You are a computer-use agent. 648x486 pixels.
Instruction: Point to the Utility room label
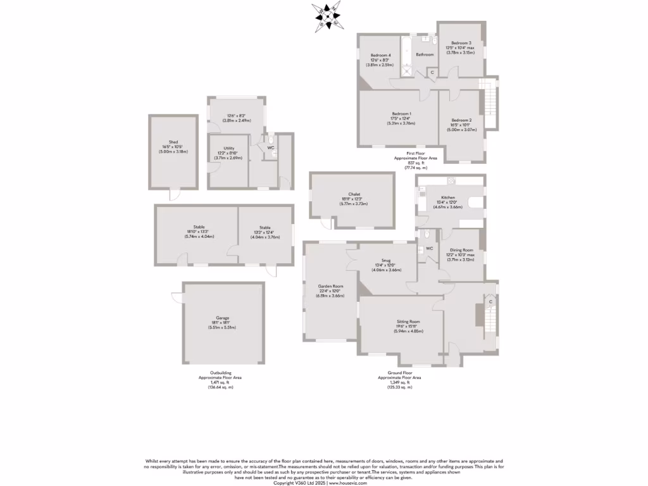(229, 148)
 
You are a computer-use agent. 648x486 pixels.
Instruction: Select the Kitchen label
(448, 197)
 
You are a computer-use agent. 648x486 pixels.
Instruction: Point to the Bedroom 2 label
(461, 120)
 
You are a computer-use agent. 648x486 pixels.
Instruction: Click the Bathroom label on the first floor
(425, 54)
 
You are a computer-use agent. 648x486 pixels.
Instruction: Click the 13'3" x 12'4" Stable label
(265, 228)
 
